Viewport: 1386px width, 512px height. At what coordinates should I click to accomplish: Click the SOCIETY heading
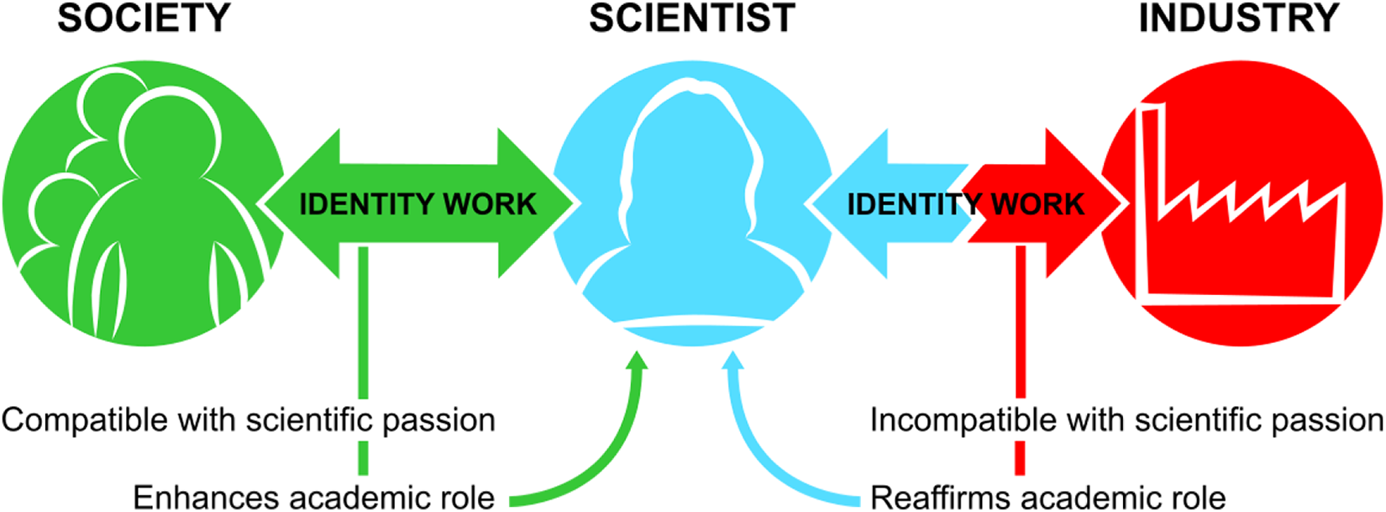[x=144, y=18]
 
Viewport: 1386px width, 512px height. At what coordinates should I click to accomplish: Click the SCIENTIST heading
[x=692, y=18]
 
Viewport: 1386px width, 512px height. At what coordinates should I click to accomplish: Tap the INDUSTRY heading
[x=1239, y=18]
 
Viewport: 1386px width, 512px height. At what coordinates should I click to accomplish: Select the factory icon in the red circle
[x=1241, y=204]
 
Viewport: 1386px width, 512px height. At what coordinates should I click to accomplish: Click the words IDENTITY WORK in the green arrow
[x=417, y=204]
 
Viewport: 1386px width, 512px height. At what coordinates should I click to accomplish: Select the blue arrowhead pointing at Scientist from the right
[x=850, y=203]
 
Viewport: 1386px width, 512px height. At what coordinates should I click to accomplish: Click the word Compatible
[x=85, y=420]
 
